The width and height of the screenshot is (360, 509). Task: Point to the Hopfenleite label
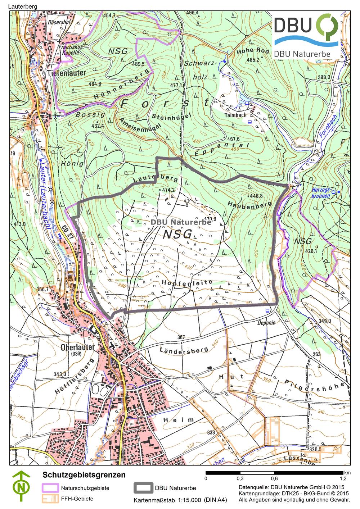[x=187, y=283]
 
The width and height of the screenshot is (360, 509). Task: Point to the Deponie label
[x=266, y=323]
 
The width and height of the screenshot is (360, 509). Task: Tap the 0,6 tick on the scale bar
[x=274, y=479]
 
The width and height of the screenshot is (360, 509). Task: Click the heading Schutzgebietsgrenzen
[x=84, y=475]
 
